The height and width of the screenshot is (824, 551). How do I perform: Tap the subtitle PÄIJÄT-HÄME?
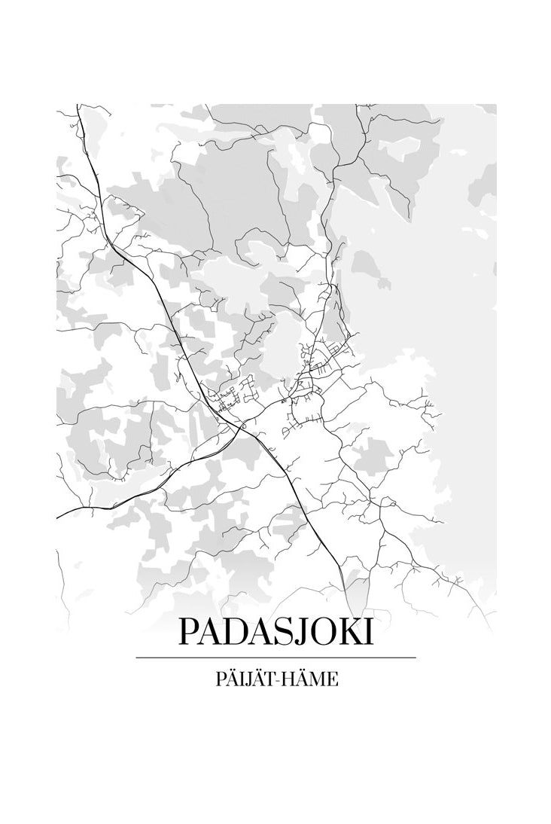(x=275, y=679)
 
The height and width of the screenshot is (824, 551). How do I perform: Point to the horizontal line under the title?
(x=275, y=658)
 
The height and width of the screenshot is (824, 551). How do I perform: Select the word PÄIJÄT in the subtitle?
(x=240, y=679)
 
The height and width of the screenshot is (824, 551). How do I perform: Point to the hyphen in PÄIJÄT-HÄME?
(x=279, y=680)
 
